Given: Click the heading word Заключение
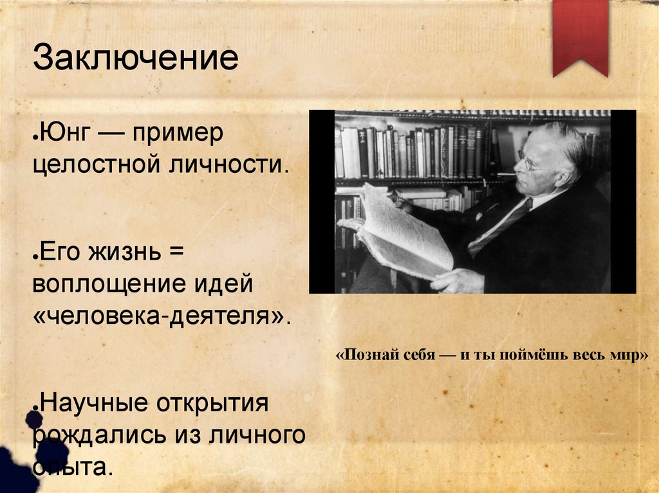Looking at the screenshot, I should click(x=136, y=58).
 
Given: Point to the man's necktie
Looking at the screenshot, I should click(x=499, y=226).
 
